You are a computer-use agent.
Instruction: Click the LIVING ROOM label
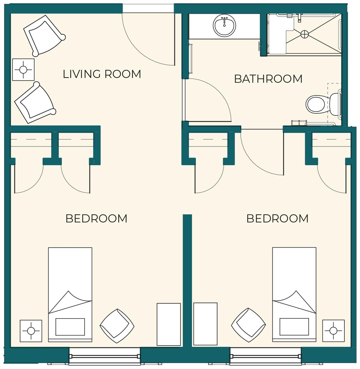102,74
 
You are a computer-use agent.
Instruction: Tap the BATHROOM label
268,79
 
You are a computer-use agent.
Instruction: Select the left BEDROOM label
96,219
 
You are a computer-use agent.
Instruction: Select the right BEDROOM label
277,219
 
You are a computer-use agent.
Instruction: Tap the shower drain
304,34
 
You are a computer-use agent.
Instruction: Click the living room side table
23,70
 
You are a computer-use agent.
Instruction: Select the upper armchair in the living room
44,36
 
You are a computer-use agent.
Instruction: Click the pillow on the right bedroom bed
294,327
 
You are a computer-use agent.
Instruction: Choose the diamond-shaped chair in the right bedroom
248,325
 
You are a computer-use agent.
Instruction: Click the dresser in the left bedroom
169,324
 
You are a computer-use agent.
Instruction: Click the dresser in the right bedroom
205,324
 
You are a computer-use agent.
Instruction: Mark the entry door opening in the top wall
148,8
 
